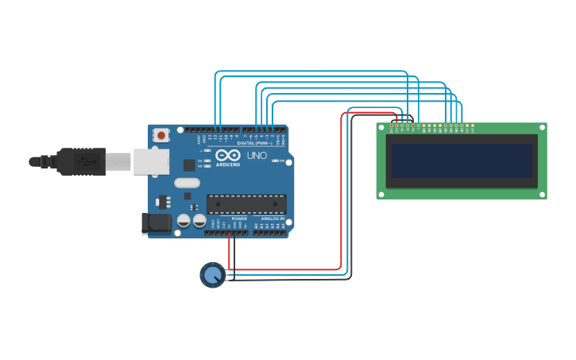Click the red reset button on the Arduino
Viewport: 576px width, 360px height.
pyautogui.click(x=161, y=135)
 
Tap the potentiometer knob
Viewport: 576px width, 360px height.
pyautogui.click(x=211, y=275)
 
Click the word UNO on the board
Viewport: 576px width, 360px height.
pyautogui.click(x=257, y=155)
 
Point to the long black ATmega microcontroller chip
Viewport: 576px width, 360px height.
pyautogui.click(x=246, y=203)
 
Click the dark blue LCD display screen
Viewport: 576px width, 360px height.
pyautogui.click(x=461, y=161)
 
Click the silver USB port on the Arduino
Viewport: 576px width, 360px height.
pyautogui.click(x=150, y=162)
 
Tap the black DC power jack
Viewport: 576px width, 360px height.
pyautogui.click(x=156, y=223)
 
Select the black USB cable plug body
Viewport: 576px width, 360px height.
pyautogui.click(x=80, y=161)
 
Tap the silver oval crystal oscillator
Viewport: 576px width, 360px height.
pyautogui.click(x=187, y=183)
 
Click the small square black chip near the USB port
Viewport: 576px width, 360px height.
pyautogui.click(x=188, y=165)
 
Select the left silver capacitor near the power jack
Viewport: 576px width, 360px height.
pyautogui.click(x=184, y=221)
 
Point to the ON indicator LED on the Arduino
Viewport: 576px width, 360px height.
pyautogui.click(x=277, y=161)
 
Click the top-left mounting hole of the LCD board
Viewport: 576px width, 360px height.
pyautogui.click(x=381, y=127)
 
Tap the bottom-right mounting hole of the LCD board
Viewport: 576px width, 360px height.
pyautogui.click(x=542, y=194)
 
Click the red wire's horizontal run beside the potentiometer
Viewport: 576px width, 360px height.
pyautogui.click(x=286, y=269)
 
